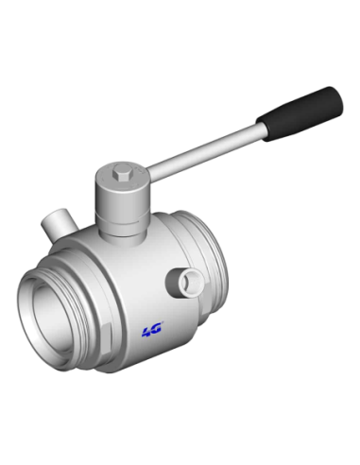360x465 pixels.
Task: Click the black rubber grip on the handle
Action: pyautogui.click(x=300, y=113)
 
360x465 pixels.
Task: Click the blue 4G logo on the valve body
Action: pyautogui.click(x=152, y=331)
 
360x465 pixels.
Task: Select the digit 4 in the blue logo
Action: pyautogui.click(x=147, y=332)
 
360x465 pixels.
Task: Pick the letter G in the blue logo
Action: pyautogui.click(x=157, y=330)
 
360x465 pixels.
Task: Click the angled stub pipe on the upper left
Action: pyautogui.click(x=59, y=224)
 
